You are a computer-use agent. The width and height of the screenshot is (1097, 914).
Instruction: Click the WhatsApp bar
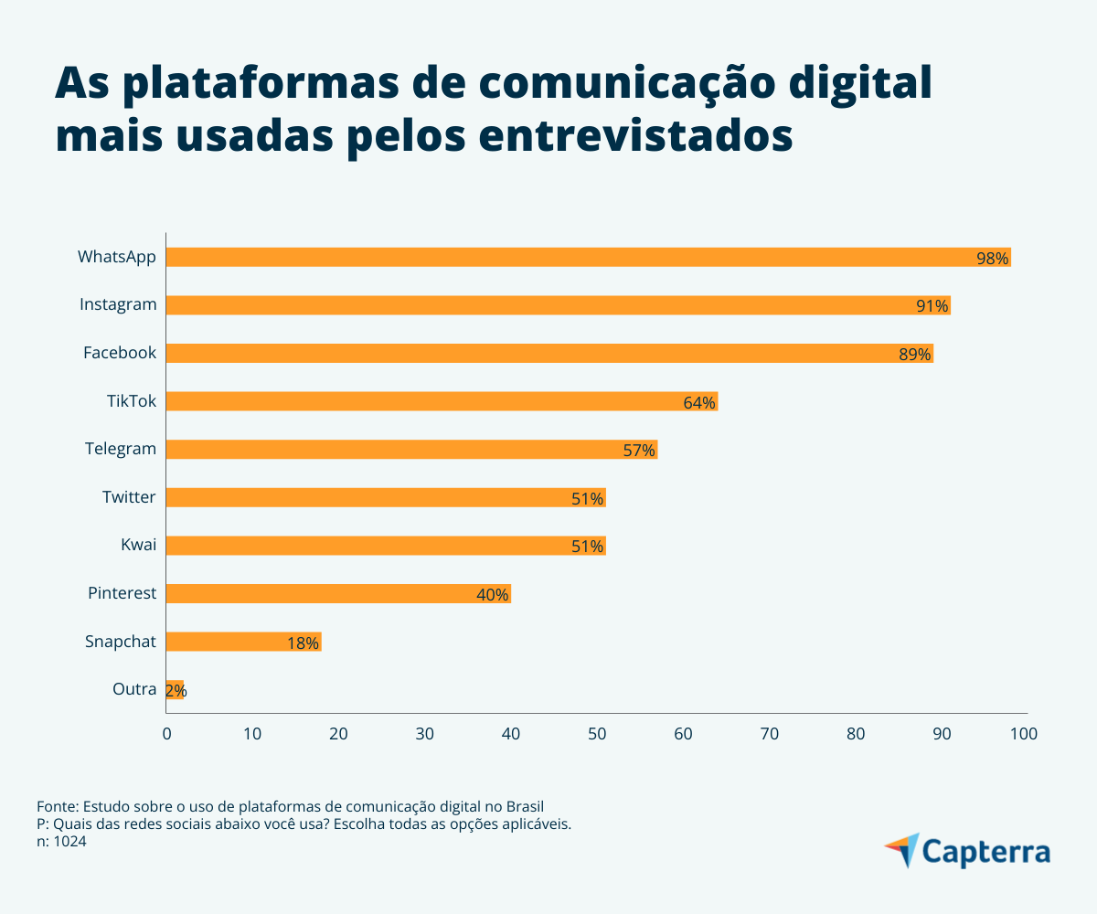585,257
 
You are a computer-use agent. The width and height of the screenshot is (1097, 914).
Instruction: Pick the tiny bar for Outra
175,689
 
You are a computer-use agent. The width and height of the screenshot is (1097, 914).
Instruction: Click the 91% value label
932,306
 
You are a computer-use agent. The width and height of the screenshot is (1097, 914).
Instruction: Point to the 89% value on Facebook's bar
914,355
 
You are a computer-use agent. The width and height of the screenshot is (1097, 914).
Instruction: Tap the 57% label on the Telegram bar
639,451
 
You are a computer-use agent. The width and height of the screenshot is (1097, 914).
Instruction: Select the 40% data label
492,595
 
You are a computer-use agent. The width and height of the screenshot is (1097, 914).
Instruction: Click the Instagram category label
118,304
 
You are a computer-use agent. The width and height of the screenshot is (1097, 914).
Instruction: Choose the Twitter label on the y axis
129,497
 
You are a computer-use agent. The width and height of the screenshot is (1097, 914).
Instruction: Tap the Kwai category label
139,546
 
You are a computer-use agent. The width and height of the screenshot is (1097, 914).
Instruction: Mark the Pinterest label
122,593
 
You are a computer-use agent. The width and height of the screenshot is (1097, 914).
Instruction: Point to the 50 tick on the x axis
597,734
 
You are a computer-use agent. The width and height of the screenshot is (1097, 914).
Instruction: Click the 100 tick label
1024,734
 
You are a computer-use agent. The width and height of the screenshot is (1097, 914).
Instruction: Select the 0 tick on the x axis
166,734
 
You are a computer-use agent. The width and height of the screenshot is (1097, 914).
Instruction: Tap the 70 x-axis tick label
770,734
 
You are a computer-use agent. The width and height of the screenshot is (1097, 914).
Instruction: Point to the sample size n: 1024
62,842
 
